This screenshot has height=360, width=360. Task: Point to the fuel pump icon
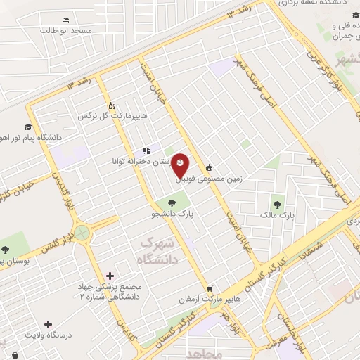[x=101, y=98]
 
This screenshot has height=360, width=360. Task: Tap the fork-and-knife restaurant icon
[x=146, y=150]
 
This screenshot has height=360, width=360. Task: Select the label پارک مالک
[x=271, y=215]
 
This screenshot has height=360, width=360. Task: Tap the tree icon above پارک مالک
[x=278, y=205]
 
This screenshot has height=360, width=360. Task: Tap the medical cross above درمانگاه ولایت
[x=48, y=325]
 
